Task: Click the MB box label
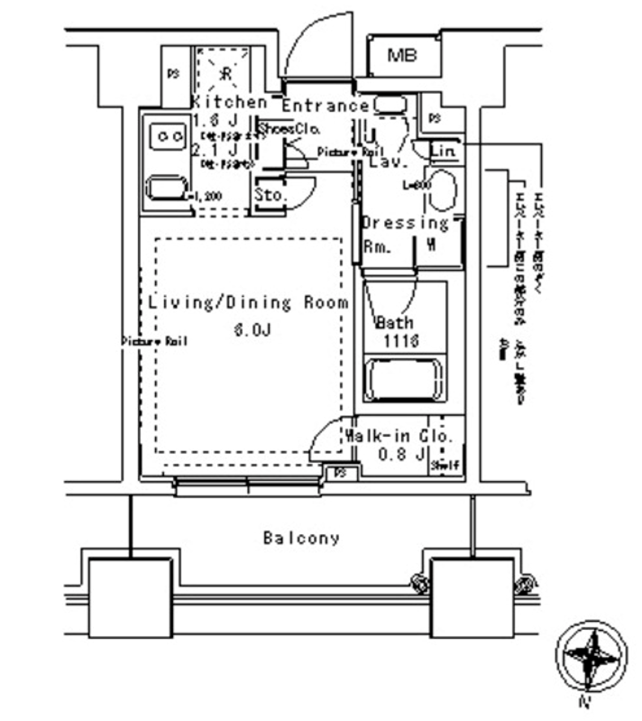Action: click(402, 56)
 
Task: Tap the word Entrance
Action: click(326, 106)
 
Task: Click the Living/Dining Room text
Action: click(248, 303)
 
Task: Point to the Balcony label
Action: click(301, 539)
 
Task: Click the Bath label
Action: click(395, 323)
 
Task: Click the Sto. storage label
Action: click(269, 195)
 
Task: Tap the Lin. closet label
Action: click(443, 149)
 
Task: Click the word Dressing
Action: click(405, 223)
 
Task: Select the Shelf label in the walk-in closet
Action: click(445, 466)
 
